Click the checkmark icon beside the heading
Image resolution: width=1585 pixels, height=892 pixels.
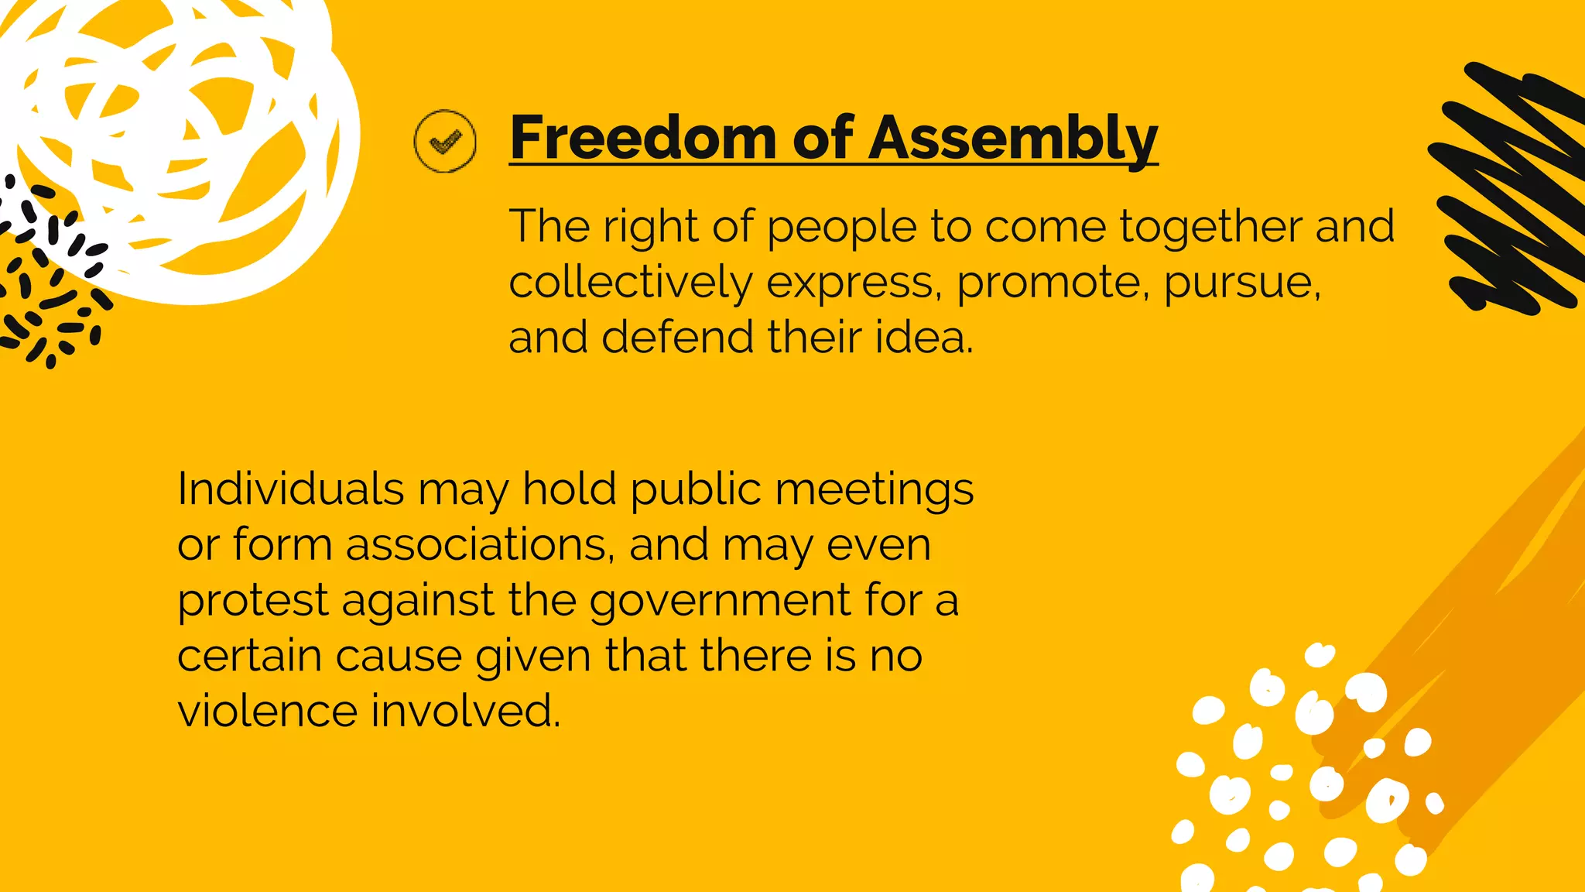click(x=445, y=141)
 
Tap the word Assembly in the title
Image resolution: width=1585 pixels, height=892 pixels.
click(x=1013, y=139)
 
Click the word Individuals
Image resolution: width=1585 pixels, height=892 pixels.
click(x=291, y=489)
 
